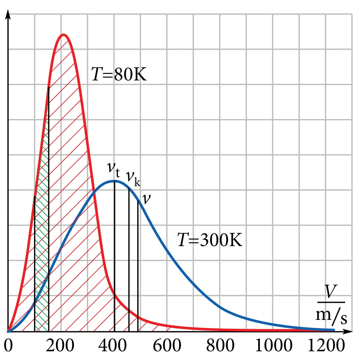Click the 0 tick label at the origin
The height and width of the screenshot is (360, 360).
[8, 346]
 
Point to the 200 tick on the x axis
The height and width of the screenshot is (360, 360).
[60, 346]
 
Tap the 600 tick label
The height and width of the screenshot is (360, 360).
[167, 346]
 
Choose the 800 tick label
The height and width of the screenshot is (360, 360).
[220, 346]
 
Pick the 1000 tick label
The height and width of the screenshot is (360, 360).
[273, 346]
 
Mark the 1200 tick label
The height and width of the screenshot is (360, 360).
[326, 346]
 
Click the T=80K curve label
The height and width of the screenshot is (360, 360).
[119, 75]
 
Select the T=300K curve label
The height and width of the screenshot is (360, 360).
[210, 240]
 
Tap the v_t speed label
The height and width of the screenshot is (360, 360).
[114, 169]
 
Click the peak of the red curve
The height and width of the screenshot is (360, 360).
[64, 35]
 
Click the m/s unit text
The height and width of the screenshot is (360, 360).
[331, 316]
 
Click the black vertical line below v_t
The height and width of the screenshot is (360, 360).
[114, 253]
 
